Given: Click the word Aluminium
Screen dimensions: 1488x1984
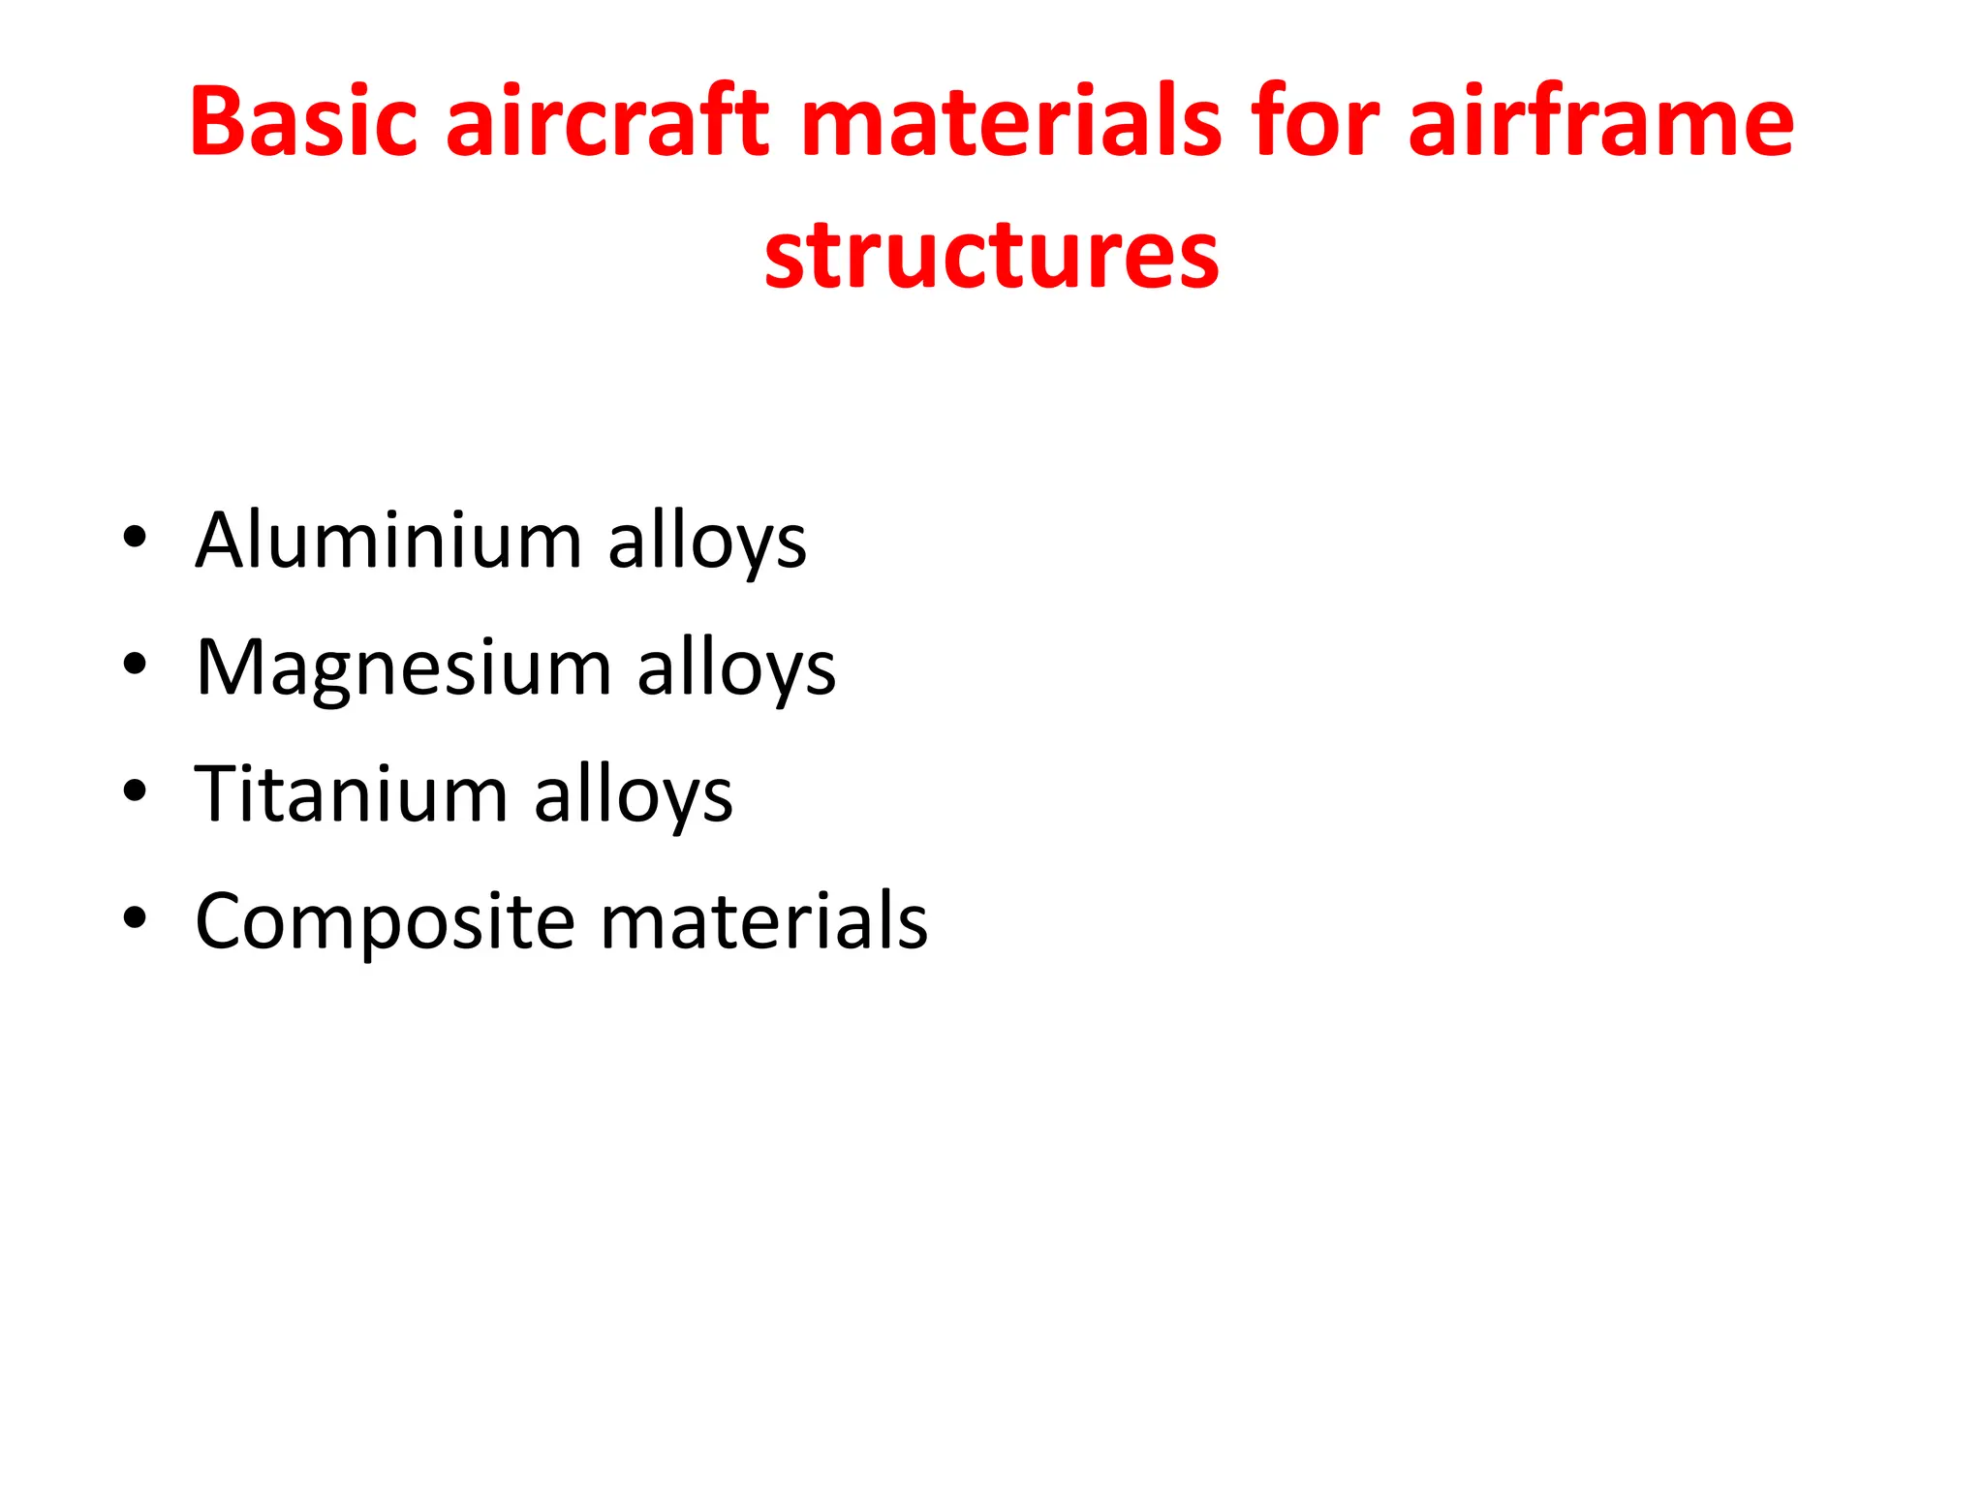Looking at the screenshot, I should click(x=388, y=540).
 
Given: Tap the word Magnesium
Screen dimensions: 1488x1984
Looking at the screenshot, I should click(x=403, y=667).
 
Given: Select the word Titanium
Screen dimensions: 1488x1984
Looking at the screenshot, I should click(x=351, y=794).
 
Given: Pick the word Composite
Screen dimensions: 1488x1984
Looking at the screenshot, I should click(x=385, y=921).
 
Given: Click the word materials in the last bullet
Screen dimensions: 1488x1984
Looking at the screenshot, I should click(x=763, y=921).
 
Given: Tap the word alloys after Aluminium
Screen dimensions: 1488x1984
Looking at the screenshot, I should click(x=707, y=542).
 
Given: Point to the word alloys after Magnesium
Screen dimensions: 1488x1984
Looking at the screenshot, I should click(x=736, y=669).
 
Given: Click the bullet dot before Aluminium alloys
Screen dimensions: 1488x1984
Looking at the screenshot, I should click(x=135, y=537).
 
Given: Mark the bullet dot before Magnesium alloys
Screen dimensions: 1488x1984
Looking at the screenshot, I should click(x=135, y=665).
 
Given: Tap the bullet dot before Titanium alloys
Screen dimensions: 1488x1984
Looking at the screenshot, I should click(x=135, y=791).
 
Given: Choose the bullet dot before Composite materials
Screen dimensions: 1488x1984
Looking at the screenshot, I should click(x=135, y=918).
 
